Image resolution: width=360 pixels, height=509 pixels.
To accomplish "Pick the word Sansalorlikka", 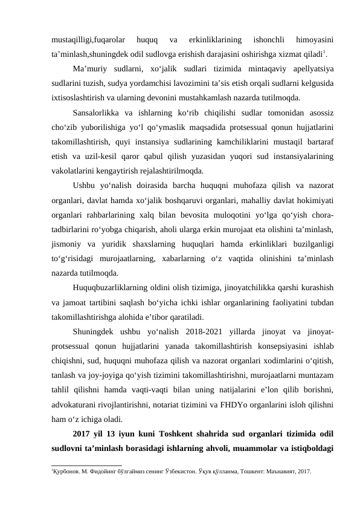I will (x=97, y=113).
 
